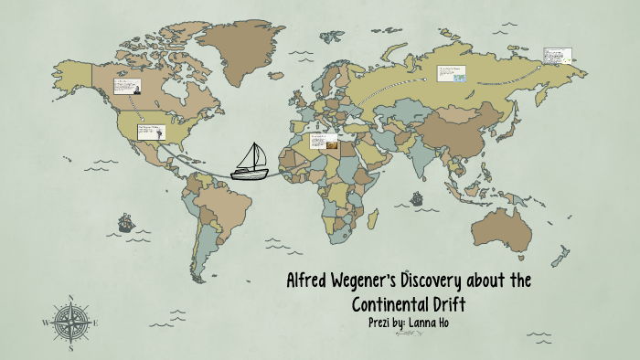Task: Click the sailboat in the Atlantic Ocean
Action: click(249, 161)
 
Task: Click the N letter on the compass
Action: click(70, 298)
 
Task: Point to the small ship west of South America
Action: click(123, 222)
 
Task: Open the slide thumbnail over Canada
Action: click(126, 88)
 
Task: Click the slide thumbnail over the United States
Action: click(151, 132)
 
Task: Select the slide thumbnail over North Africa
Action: click(324, 142)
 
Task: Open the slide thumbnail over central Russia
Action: click(451, 73)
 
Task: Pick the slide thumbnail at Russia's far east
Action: click(558, 57)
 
